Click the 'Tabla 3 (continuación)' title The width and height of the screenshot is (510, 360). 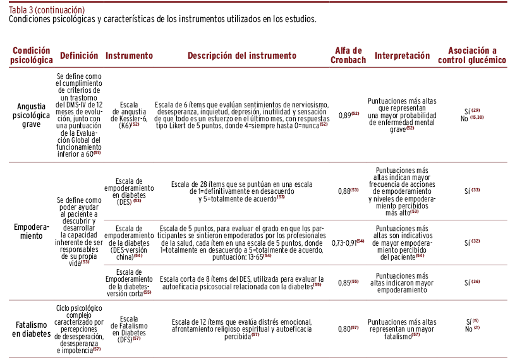coord(47,9)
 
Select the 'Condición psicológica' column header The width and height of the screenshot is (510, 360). coord(32,56)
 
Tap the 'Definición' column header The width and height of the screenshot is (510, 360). coord(79,56)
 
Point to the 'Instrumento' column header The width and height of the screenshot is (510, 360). coord(129,56)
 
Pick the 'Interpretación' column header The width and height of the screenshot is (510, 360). coord(402,56)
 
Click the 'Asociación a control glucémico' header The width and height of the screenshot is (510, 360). coord(477,56)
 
